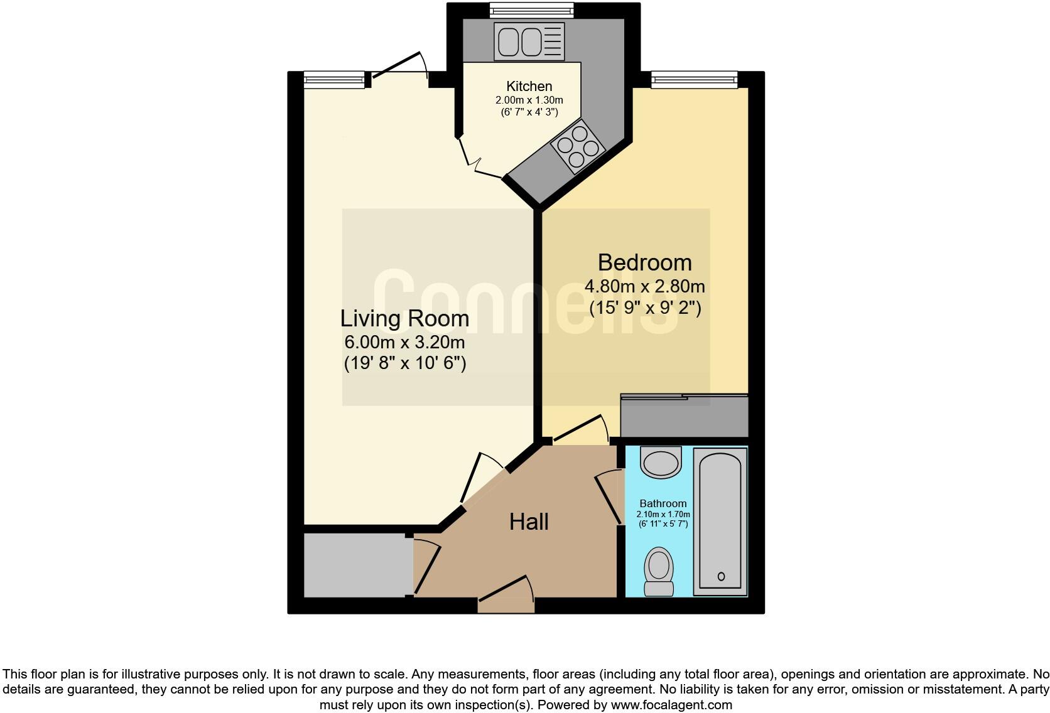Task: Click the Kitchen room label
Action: (x=529, y=87)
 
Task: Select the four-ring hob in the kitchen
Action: (x=577, y=146)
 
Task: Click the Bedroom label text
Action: (x=644, y=262)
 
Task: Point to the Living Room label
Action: (x=404, y=318)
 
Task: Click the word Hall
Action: (x=529, y=522)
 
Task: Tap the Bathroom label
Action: (x=663, y=503)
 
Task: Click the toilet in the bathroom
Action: (x=659, y=571)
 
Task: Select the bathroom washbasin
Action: (x=661, y=462)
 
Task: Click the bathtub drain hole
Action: (x=721, y=576)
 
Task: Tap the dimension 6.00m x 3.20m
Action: (x=404, y=342)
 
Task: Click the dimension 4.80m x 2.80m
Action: (x=644, y=287)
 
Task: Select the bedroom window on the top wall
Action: (x=693, y=79)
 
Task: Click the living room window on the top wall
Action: (x=334, y=79)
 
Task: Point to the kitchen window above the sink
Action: (x=531, y=9)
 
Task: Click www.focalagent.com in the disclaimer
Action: (x=671, y=705)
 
